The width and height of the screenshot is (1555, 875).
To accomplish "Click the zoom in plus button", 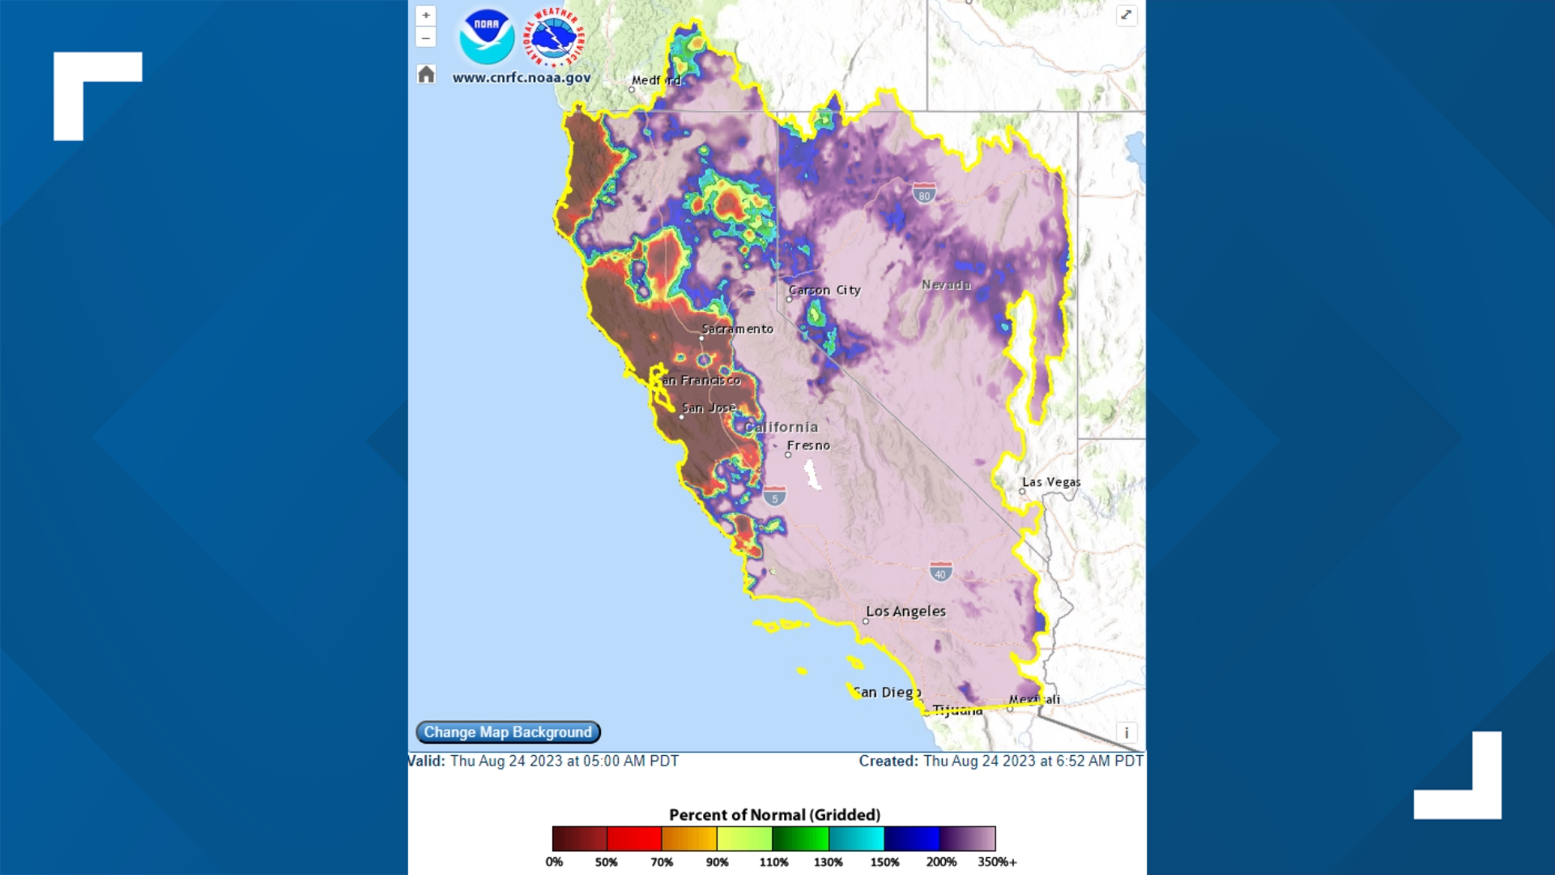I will [x=426, y=15].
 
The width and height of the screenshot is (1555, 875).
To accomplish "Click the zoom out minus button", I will [x=426, y=38].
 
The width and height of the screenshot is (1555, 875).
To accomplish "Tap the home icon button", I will [x=426, y=75].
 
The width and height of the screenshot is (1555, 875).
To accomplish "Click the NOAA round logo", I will [x=487, y=36].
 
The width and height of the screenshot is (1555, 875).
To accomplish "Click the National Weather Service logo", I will [x=555, y=36].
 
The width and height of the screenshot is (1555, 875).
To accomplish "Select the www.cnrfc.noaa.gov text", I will [x=521, y=78].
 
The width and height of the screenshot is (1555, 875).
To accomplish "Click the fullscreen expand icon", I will [x=1126, y=15].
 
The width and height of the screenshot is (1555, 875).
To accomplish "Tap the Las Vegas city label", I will [x=1050, y=482].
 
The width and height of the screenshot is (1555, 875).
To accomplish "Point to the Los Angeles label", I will [x=905, y=612].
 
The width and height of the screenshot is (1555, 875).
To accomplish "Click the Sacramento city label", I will [x=737, y=329].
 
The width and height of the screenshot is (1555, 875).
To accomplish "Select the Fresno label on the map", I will [x=808, y=446].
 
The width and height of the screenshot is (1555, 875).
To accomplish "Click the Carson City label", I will [x=824, y=290].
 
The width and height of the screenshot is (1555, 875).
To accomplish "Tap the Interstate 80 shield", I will [x=924, y=194].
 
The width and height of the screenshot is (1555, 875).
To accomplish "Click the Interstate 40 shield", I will [x=940, y=572].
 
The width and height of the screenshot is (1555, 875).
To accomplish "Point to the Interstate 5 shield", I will [x=774, y=497].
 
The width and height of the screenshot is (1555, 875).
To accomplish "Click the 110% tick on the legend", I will [x=773, y=862].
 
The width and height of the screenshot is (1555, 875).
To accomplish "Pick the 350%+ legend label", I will [x=997, y=862].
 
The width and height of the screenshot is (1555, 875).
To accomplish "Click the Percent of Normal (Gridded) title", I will [x=774, y=815].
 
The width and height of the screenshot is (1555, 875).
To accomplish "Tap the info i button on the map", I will [x=1126, y=733].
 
